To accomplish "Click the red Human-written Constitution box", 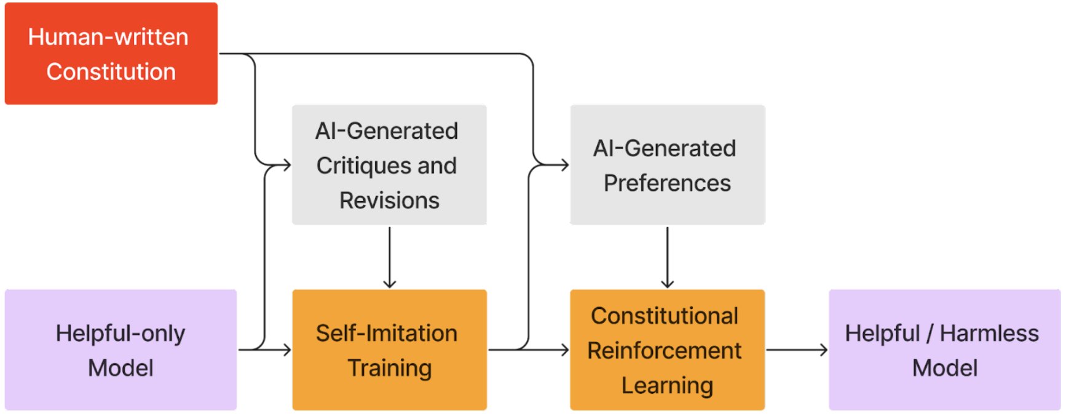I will pos(111,54).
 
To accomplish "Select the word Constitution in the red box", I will pos(111,72).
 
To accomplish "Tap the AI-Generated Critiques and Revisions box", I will pos(389,165).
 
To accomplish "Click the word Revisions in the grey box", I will pos(389,201).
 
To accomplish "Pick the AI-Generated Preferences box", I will pos(667,165).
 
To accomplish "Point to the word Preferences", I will pos(667,183).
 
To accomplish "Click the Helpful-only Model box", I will pos(120,350).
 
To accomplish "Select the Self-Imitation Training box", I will pos(389,350).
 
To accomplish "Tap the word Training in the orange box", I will pos(389,368).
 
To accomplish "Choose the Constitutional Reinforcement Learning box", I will pos(667,350).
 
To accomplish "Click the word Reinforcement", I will pos(664,351).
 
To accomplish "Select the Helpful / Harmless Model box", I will pos(944,350).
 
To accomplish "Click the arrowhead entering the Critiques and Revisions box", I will pos(286,165).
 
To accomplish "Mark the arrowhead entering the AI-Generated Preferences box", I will pos(564,165).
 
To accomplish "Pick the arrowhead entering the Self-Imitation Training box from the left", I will pos(286,350).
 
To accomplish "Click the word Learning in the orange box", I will pos(667,386).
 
